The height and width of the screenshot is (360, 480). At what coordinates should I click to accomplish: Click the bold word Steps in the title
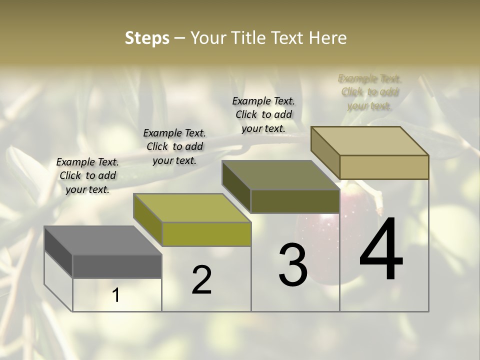coord(147,38)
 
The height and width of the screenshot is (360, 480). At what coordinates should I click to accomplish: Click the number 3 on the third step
coord(293,265)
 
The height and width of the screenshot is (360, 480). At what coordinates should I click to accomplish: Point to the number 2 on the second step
coord(201,280)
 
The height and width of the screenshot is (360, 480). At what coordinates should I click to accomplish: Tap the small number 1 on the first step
coord(116,295)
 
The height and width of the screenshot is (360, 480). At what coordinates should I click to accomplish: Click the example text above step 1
coord(87,175)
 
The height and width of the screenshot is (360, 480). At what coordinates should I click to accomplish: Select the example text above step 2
coord(174,146)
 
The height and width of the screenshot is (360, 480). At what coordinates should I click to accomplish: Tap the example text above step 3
coord(263,114)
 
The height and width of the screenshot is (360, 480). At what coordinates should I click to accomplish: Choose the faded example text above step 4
coord(369,92)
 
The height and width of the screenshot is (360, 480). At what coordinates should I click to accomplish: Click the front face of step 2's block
coord(206,234)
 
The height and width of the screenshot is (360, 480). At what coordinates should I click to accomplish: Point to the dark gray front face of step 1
coord(117,266)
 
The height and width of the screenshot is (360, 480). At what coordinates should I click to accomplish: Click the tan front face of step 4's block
coord(384,167)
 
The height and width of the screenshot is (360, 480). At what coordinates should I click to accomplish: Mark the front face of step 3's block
coord(295,201)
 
